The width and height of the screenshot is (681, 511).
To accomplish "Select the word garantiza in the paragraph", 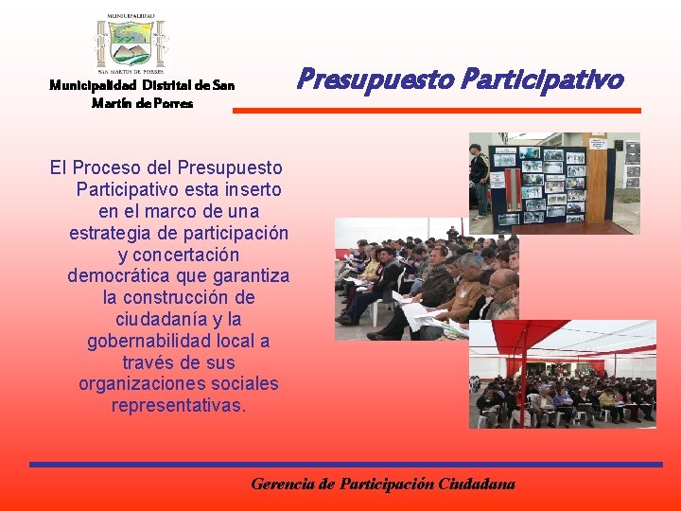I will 250,276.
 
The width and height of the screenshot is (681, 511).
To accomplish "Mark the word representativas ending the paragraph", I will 178,405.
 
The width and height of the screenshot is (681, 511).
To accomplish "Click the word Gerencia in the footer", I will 284,484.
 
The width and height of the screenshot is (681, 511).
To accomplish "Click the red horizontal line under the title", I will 436,111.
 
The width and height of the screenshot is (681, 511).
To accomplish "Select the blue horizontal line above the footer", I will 345,465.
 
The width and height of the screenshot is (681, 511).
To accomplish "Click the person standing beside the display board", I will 480,176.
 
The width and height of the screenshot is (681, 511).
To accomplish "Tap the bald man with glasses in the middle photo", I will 502,290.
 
